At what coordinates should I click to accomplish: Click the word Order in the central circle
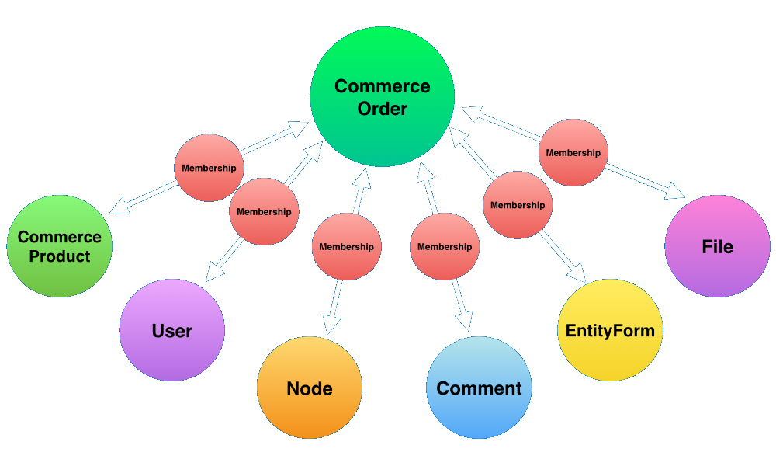click(383, 109)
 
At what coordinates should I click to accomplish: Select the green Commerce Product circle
click(60, 246)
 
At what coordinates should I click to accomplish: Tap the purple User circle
click(172, 330)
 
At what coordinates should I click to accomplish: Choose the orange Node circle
click(310, 388)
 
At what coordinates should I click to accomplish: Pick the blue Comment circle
click(480, 388)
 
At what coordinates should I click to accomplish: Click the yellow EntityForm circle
click(611, 330)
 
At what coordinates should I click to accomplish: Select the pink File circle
click(717, 246)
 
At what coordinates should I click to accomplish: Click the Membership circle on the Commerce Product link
click(209, 168)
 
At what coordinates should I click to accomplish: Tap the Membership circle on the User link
click(264, 211)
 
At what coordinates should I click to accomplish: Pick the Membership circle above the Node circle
click(346, 246)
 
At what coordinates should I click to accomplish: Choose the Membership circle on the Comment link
click(445, 246)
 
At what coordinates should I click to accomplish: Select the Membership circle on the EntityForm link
click(518, 205)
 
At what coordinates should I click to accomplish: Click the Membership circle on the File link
click(573, 153)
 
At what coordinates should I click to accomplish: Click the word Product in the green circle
click(60, 256)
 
